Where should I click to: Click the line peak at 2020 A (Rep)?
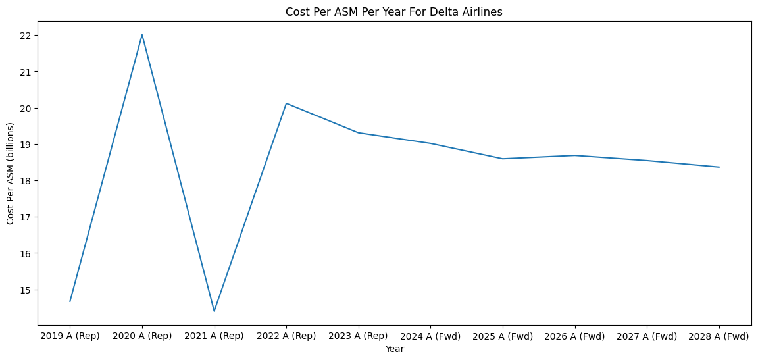(142, 35)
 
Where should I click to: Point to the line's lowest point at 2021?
(214, 311)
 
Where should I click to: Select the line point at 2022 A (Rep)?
(286, 103)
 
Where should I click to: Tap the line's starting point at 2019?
(70, 301)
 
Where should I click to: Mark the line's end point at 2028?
(719, 167)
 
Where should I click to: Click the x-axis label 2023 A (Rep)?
(358, 336)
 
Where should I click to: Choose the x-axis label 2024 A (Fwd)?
(430, 336)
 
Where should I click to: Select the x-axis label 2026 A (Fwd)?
(574, 336)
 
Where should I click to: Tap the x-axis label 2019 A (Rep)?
(70, 336)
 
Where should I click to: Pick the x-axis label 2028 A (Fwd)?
(719, 336)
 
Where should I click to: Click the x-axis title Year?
(394, 349)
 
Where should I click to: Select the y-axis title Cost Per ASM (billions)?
(11, 174)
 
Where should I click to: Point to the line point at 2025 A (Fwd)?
(502, 159)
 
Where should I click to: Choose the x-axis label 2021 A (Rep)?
(214, 336)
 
